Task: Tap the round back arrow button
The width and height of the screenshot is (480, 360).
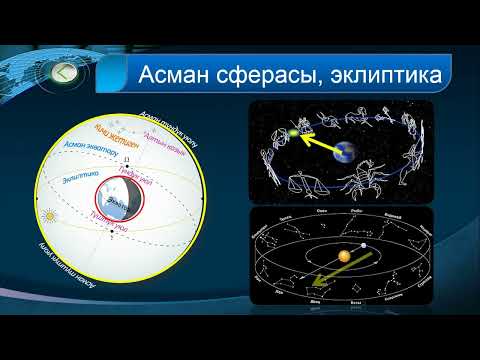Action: [65, 72]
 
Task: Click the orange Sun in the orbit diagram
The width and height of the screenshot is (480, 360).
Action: [342, 257]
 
